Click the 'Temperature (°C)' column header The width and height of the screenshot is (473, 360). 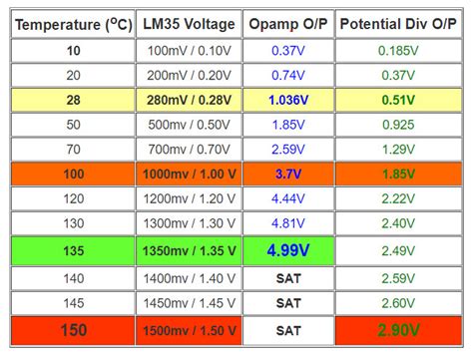75,22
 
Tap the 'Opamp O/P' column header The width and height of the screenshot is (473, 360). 287,22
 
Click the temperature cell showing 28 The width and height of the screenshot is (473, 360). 75,99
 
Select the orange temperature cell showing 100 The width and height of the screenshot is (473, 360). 75,174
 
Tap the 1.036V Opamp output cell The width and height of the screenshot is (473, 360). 287,99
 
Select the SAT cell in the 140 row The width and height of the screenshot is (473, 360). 287,278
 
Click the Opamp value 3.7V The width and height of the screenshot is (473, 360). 287,174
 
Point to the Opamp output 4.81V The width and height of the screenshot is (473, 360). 287,223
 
